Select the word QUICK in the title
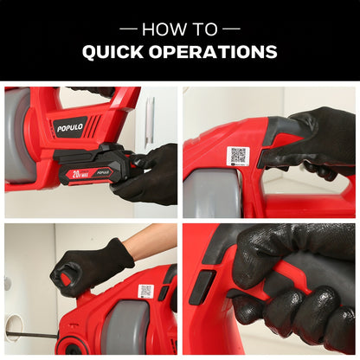(x=112, y=52)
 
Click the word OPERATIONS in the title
(x=213, y=52)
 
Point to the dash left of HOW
(x=128, y=29)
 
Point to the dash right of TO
(x=231, y=29)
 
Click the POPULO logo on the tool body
(x=70, y=127)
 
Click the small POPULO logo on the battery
(x=103, y=172)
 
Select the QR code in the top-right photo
(x=238, y=156)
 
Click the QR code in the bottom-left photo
(x=146, y=291)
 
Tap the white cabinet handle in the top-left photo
(x=150, y=119)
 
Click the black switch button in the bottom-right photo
(x=202, y=286)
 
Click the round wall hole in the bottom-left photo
(x=13, y=327)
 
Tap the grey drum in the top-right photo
(x=213, y=193)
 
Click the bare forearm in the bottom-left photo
(x=150, y=239)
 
